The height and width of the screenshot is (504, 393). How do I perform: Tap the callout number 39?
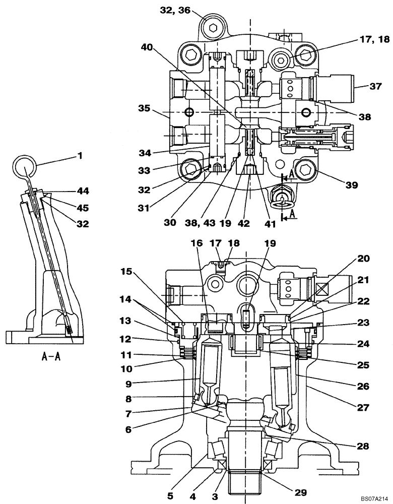352,185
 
